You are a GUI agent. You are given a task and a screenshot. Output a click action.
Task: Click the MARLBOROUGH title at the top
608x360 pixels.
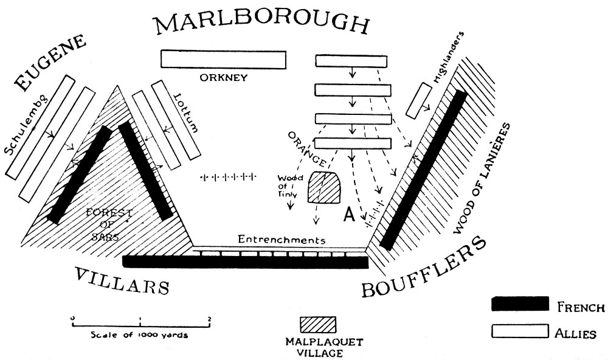click(x=261, y=23)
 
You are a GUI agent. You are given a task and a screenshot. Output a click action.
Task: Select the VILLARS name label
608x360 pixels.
click(x=122, y=281)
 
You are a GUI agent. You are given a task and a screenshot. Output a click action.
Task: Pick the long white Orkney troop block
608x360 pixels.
click(x=223, y=59)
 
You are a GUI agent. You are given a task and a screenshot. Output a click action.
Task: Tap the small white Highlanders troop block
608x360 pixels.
click(x=420, y=100)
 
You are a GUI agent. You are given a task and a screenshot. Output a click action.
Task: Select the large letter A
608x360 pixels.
click(x=350, y=214)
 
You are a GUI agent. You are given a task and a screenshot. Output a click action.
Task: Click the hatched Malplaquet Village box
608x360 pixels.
click(x=318, y=325)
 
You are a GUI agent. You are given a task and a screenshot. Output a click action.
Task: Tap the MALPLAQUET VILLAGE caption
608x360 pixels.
click(x=318, y=347)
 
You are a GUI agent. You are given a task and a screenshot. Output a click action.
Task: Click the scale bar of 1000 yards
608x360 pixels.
click(x=140, y=324)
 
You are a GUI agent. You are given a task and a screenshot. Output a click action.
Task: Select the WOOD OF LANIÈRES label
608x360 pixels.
click(x=483, y=176)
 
